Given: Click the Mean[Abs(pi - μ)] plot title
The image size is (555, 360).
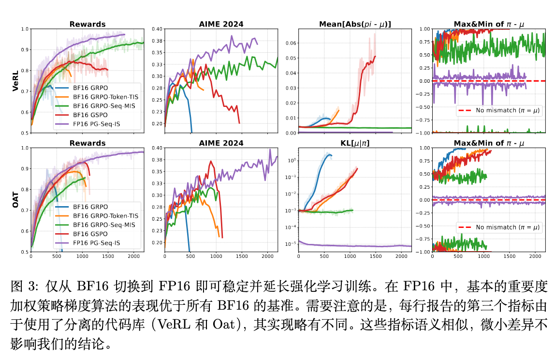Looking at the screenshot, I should [x=355, y=24].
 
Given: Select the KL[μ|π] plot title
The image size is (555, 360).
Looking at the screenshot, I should [x=355, y=143].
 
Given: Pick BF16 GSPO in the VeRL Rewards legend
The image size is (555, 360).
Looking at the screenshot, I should [x=92, y=116].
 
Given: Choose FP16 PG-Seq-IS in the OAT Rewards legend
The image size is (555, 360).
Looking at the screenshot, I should [x=95, y=243].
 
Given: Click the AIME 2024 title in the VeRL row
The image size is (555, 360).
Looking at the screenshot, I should [x=221, y=24].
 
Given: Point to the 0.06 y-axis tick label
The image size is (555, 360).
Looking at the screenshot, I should [x=292, y=44].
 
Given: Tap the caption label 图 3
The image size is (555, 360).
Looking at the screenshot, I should [x=24, y=287].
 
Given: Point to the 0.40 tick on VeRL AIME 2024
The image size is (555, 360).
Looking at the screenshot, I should [x=158, y=29].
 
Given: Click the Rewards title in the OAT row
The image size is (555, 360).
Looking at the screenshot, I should [x=88, y=143].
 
